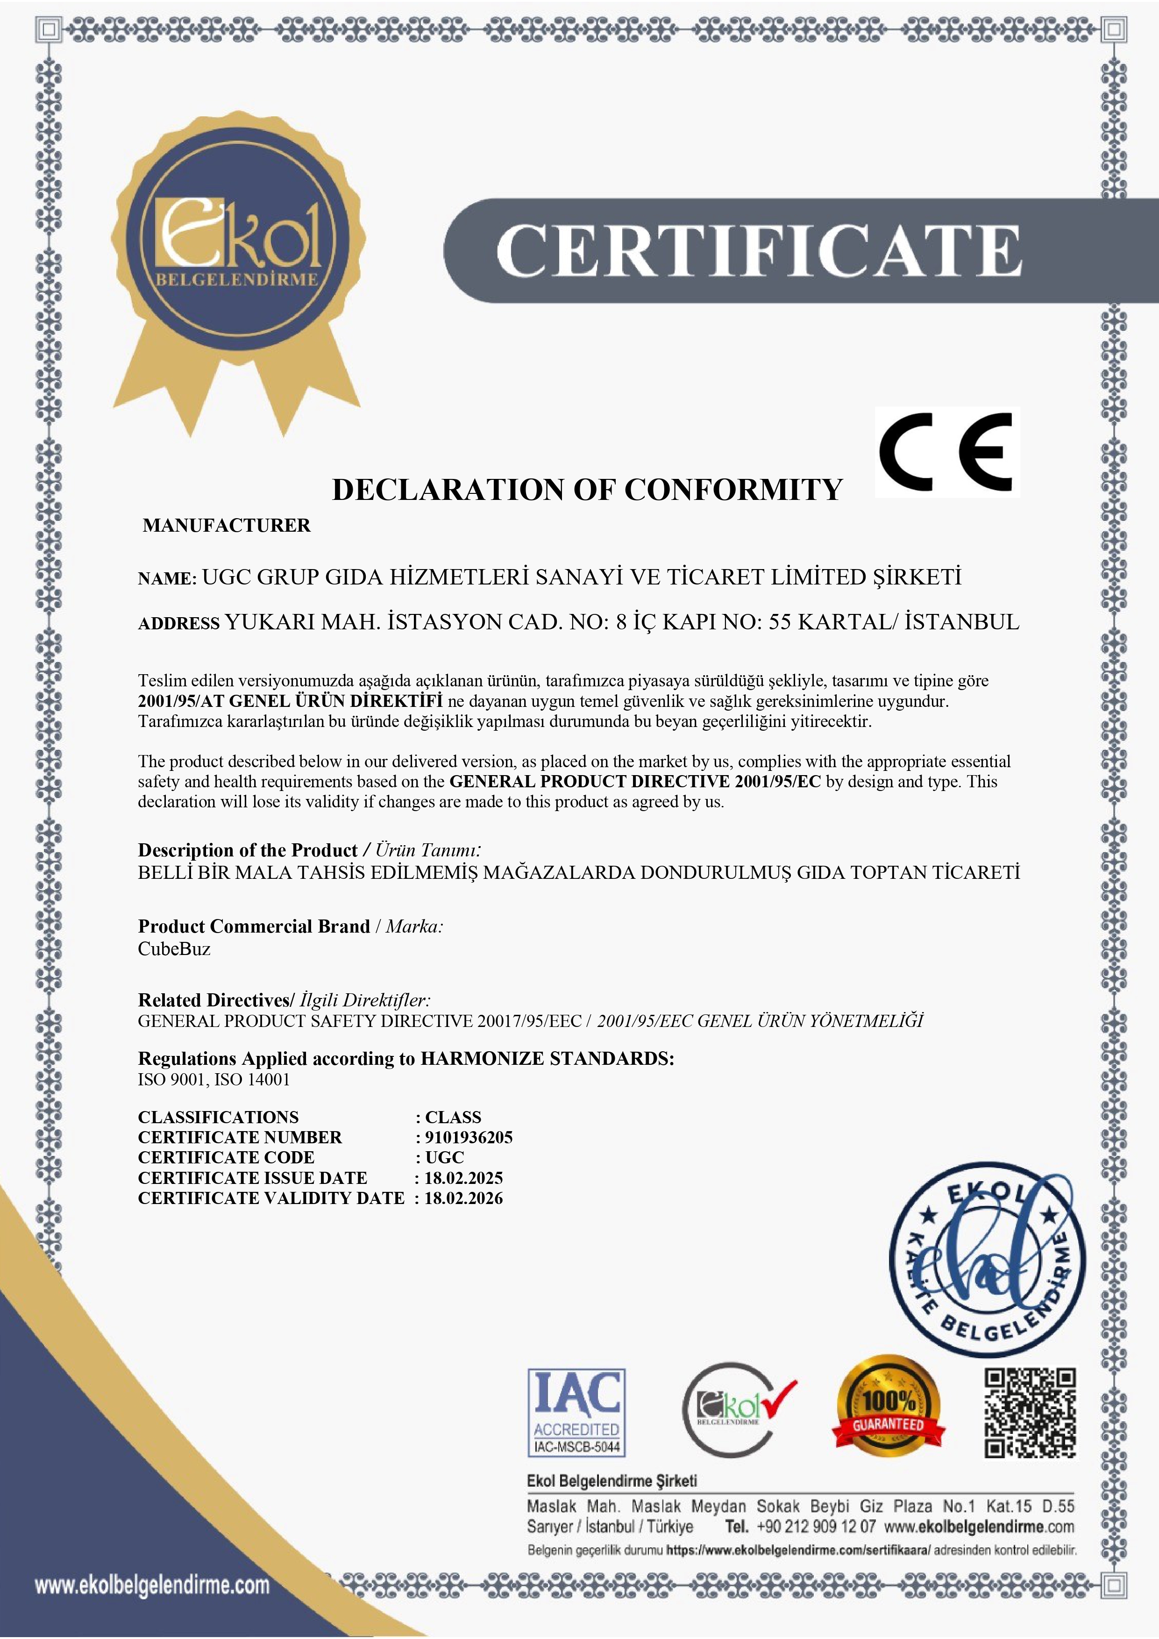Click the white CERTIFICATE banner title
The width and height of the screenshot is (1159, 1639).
(x=759, y=250)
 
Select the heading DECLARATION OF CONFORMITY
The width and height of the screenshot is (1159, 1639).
(x=587, y=490)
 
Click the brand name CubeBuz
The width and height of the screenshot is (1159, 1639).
(x=174, y=949)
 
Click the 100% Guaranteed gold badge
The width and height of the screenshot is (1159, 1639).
(x=889, y=1410)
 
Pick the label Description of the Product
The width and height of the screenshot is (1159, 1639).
(x=247, y=850)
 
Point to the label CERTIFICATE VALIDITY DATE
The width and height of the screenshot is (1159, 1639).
(x=271, y=1198)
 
